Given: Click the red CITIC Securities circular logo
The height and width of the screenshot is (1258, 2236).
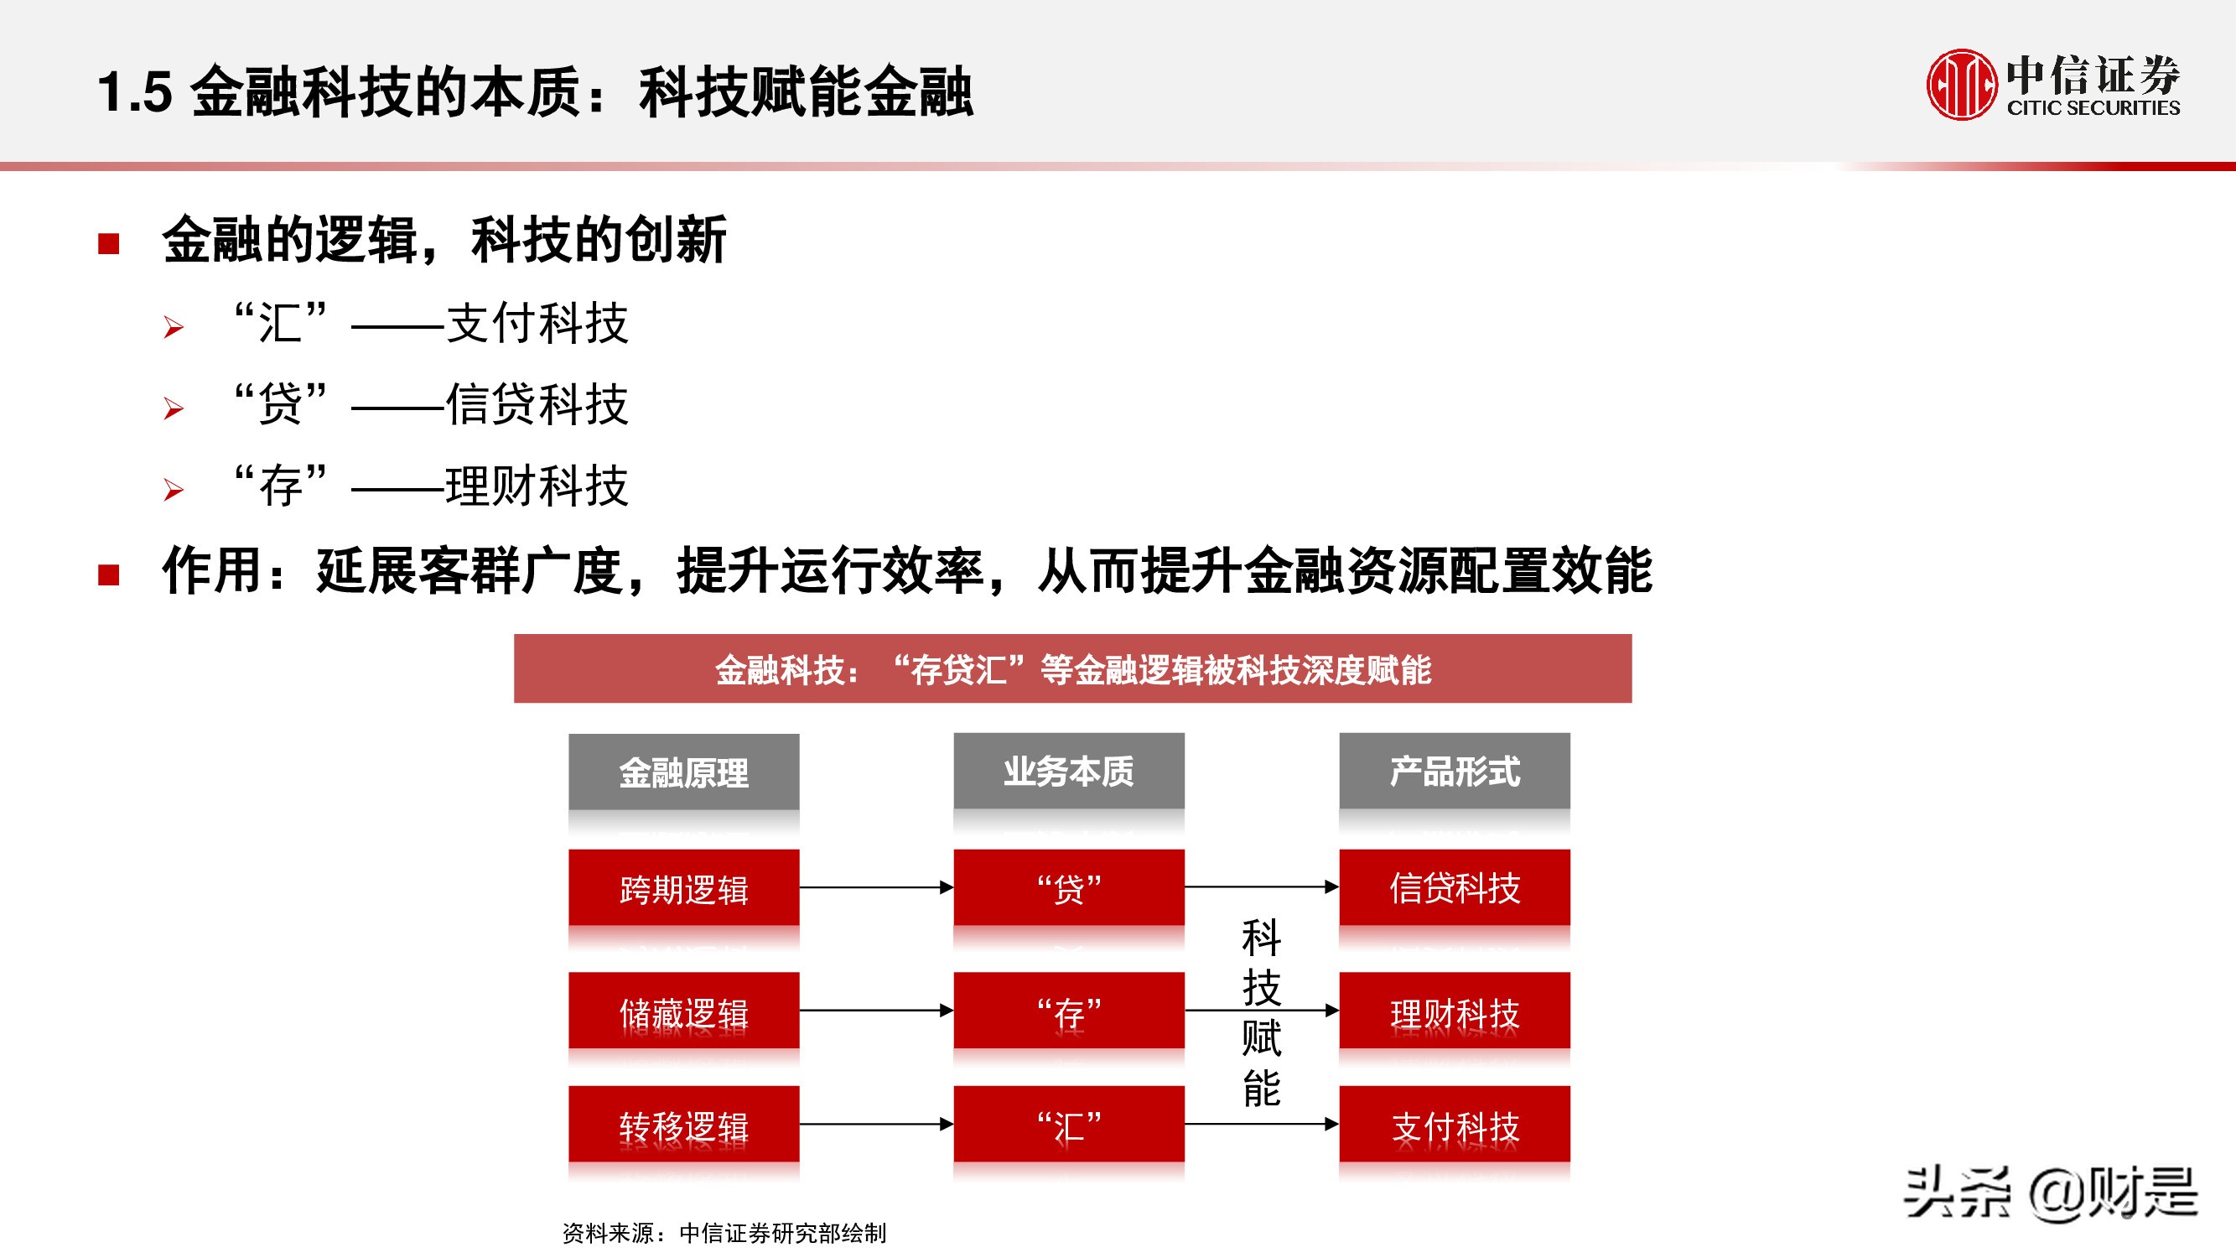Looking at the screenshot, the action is coord(1960,85).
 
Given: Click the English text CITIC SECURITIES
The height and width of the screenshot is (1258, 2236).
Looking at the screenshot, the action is coord(2093,108).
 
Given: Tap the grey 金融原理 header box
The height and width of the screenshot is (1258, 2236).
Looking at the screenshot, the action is coord(683,772).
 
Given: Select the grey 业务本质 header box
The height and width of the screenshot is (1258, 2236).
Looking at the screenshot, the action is coord(1068,771).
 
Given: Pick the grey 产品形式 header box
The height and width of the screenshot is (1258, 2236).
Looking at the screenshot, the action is coord(1454,771).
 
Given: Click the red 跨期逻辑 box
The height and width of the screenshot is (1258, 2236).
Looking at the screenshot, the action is coord(683,888).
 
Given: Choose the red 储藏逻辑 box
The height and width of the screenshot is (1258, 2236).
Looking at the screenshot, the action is coord(683,1011).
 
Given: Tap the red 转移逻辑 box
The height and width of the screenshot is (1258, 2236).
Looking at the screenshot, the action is coord(683,1125).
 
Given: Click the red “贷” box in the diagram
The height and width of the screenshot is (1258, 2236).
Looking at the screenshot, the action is coord(1068,888).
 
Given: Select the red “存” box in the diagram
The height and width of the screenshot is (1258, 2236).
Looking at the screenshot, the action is coord(1068,1011).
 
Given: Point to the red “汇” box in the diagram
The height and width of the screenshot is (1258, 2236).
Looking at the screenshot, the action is coord(1068,1125).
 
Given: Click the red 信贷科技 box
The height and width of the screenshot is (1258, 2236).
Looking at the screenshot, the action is coord(1454,888).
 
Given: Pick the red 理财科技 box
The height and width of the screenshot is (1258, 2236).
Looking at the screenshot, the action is coord(1454,1011).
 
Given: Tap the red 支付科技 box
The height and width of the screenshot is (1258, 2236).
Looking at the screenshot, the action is coord(1454,1125).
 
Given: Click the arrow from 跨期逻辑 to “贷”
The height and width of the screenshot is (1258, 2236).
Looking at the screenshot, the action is coord(876,887).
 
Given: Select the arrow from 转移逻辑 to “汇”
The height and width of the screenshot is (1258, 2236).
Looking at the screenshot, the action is coord(876,1125).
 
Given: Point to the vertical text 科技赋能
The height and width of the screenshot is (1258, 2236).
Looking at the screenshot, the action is coord(1260,1012).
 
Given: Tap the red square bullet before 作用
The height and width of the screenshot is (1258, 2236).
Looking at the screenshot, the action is coord(108,574).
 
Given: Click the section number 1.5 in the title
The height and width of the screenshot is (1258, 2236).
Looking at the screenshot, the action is coord(134,92).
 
